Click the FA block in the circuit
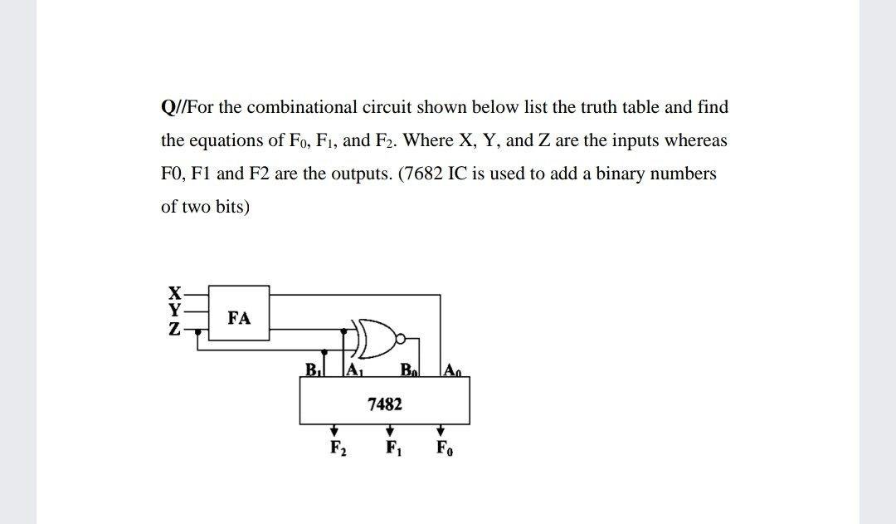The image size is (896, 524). pos(239,316)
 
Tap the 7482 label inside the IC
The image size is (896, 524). pos(384,404)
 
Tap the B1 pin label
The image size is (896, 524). pos(314,369)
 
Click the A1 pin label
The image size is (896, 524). pos(354,369)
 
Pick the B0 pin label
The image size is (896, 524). pos(407,369)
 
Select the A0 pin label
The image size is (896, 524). pos(452,369)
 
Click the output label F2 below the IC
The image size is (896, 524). pos(337,450)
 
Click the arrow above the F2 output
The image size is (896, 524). pos(334,431)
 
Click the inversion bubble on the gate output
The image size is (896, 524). pos(402,338)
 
